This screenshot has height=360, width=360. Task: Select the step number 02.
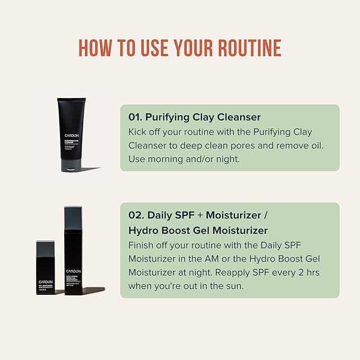click(135, 215)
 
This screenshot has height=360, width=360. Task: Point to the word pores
click(255, 145)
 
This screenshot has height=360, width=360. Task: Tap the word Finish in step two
click(142, 245)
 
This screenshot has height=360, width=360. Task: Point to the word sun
click(238, 285)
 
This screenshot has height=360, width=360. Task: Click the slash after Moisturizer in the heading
click(267, 215)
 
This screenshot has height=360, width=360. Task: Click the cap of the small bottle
click(46, 250)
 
